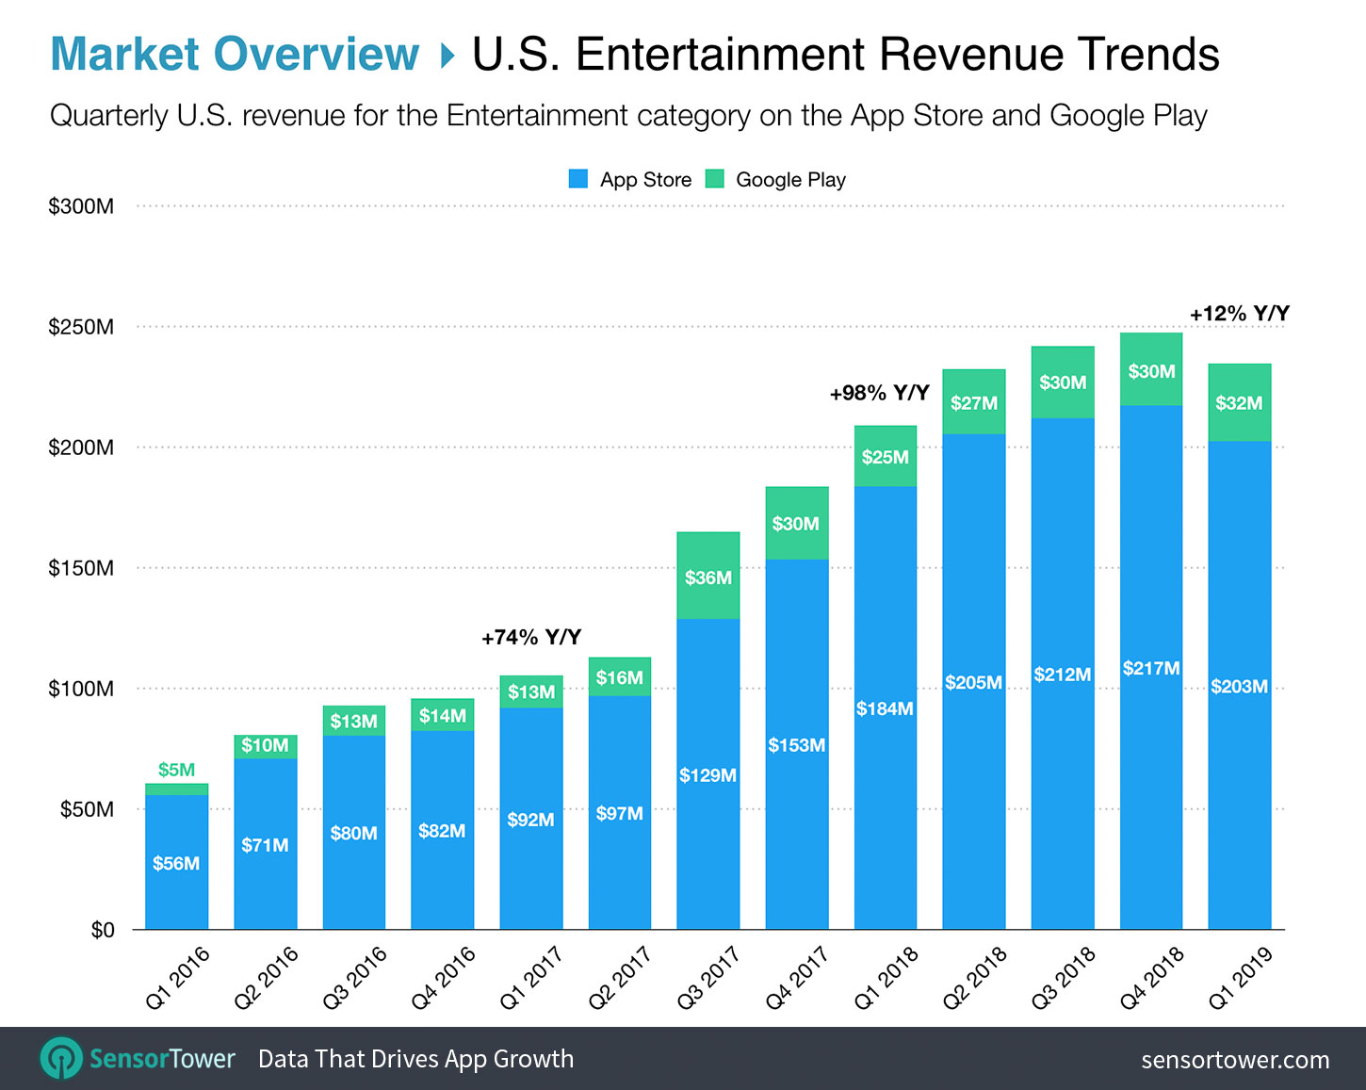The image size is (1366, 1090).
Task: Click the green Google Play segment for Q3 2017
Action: [x=707, y=576]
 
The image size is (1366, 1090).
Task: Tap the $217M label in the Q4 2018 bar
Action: [x=1151, y=668]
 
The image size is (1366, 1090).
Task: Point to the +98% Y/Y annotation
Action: [x=879, y=393]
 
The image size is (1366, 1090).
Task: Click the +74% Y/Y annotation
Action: [x=531, y=638]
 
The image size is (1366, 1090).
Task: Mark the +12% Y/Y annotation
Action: [x=1239, y=314]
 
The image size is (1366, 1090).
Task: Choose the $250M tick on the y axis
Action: [x=81, y=327]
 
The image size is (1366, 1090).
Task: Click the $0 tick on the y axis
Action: [x=102, y=930]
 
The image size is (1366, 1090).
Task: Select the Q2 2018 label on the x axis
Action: [x=975, y=977]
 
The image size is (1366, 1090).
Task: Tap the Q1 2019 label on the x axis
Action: [x=1241, y=977]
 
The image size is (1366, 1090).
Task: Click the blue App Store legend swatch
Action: [x=578, y=179]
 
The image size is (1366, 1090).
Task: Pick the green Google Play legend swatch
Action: [x=715, y=179]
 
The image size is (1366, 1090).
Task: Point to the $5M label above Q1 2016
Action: [x=176, y=770]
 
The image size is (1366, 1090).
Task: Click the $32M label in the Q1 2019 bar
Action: [x=1239, y=403]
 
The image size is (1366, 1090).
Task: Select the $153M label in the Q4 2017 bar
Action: [x=796, y=745]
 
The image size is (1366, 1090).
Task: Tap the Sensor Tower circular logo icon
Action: [x=62, y=1059]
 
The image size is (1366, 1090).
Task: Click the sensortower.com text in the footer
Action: [x=1235, y=1060]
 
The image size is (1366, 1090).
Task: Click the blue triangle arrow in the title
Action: [x=447, y=56]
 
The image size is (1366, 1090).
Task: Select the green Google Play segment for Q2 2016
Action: [x=265, y=746]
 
